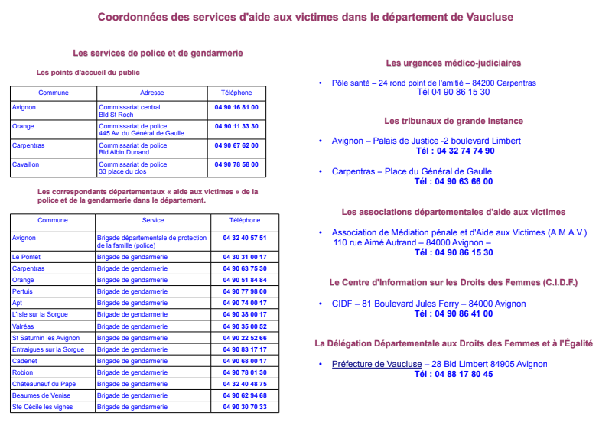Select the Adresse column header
[x=152, y=93]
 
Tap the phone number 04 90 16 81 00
[x=236, y=107]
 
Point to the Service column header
[x=153, y=220]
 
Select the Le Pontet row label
[x=26, y=257]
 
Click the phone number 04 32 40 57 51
[x=245, y=238]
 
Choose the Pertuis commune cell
[x=23, y=291]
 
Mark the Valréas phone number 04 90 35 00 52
[x=245, y=326]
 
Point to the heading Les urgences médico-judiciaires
[x=453, y=63]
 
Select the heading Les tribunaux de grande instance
[x=454, y=121]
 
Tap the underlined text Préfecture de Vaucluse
[x=376, y=364]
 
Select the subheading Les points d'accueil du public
[x=88, y=73]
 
